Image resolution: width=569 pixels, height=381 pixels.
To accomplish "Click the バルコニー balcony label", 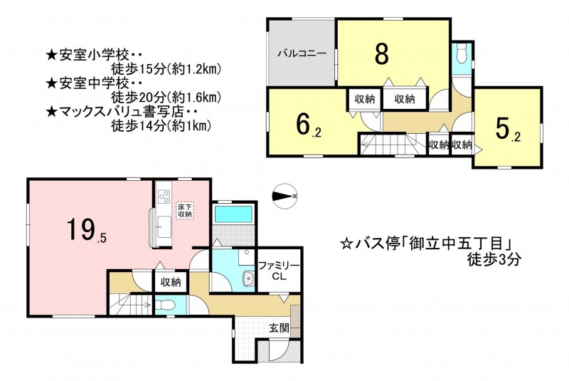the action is pos(302,53).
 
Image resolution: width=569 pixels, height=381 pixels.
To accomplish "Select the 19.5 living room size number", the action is pos(86,230).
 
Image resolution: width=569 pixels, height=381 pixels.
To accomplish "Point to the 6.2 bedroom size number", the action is pos(308,125).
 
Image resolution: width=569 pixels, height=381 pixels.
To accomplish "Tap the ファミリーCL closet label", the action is pos(279,271).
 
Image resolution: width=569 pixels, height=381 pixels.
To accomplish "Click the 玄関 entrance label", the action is pos(279,328).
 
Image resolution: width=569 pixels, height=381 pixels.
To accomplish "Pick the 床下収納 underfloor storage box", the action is pos(185,210).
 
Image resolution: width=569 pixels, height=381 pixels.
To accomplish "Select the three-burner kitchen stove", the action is pos(164,197).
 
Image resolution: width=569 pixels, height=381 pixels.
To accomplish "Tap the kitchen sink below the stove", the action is pos(164,227).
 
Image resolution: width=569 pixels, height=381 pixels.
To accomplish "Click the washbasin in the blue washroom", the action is pos(248,279).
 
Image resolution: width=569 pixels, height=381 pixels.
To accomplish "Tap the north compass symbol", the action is pos(285,196).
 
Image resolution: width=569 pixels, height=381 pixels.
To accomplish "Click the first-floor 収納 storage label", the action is pos(170,282).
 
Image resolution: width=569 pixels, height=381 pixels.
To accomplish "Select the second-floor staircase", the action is pos(388,145).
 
